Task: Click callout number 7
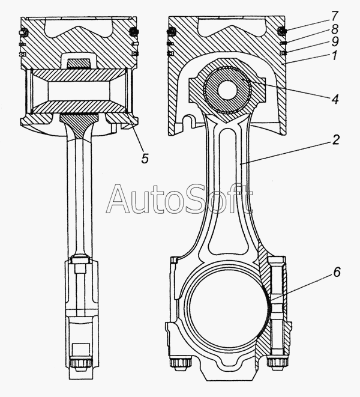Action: (x=334, y=16)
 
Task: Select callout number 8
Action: (x=334, y=29)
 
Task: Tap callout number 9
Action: (x=335, y=42)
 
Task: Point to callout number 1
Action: (x=334, y=55)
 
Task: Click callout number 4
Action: (x=335, y=98)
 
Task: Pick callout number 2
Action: (x=335, y=139)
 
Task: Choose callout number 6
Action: (x=337, y=272)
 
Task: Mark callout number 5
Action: (x=145, y=158)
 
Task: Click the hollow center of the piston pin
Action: (x=227, y=90)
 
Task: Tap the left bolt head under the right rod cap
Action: (x=180, y=362)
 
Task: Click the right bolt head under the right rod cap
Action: (x=277, y=362)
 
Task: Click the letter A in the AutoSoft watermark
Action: (x=119, y=199)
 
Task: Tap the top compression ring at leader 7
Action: (x=281, y=31)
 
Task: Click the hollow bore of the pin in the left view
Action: (x=79, y=90)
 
